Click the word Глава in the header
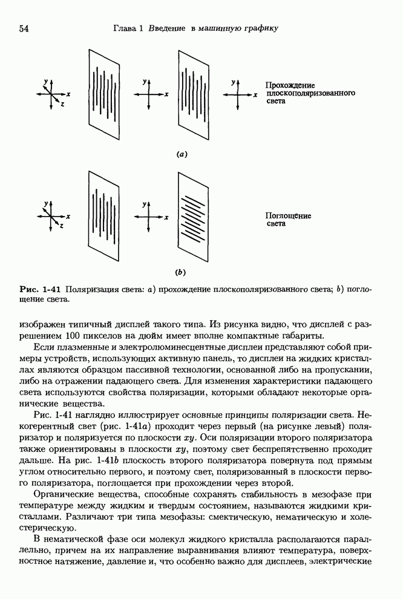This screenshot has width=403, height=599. tap(125, 28)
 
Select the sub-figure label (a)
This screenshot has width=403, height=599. tap(182, 154)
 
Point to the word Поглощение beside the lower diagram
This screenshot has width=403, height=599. tap(288, 215)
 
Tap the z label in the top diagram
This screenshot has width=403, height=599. tap(62, 105)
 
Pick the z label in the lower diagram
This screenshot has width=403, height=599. tap(62, 226)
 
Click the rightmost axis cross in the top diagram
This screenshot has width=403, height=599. tap(238, 94)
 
